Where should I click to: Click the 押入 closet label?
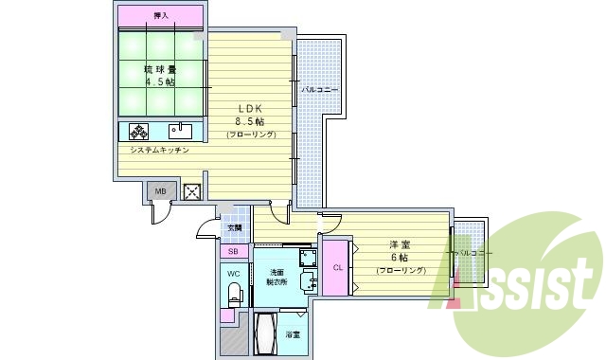[x=161, y=16]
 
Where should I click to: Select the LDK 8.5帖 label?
[x=250, y=115]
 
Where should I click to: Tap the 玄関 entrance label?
[x=234, y=227]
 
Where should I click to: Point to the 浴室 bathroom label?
[x=295, y=333]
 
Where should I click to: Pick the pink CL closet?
[x=336, y=267]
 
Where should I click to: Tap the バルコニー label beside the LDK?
[x=320, y=89]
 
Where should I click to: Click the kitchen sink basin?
[x=180, y=131]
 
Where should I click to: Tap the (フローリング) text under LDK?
[x=251, y=135]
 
